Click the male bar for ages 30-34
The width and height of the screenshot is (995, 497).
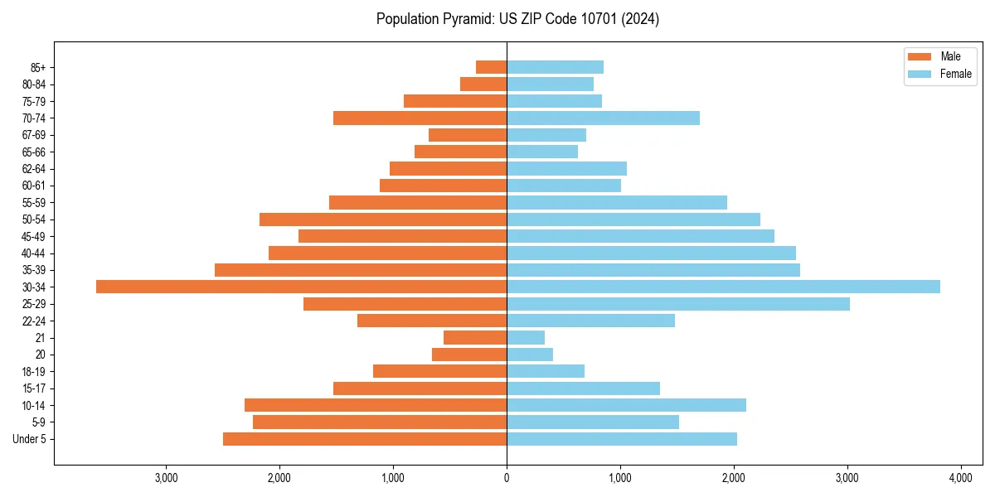click(301, 287)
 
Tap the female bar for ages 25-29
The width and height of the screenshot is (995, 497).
click(678, 304)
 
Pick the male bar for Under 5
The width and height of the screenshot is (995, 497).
click(365, 439)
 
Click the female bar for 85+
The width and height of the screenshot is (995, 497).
click(555, 67)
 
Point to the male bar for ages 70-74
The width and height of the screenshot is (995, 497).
click(420, 118)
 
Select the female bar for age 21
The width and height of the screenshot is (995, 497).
click(526, 337)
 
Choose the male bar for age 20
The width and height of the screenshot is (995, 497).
click(469, 355)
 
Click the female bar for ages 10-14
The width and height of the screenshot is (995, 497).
click(626, 405)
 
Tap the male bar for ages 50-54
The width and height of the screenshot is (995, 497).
click(383, 220)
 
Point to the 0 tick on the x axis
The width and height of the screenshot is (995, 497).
click(507, 478)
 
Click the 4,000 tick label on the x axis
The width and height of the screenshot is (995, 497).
click(960, 478)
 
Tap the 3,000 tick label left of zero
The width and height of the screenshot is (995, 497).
click(167, 478)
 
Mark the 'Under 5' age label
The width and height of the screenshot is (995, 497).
click(30, 439)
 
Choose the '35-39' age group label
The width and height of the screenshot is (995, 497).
click(33, 270)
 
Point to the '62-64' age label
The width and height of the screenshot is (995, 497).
click(33, 169)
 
